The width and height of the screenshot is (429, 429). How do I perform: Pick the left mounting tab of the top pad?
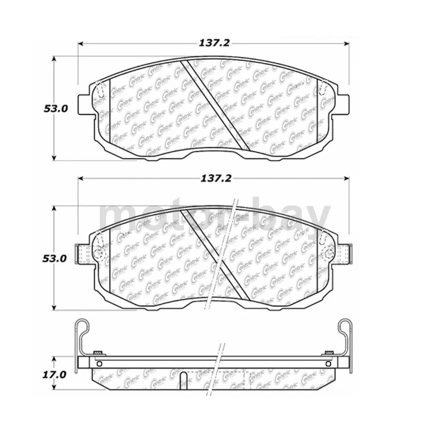86,104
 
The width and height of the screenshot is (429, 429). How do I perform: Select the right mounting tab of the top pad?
342,104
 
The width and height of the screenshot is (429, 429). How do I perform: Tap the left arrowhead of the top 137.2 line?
81,43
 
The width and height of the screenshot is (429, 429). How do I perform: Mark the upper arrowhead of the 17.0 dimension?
55,359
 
